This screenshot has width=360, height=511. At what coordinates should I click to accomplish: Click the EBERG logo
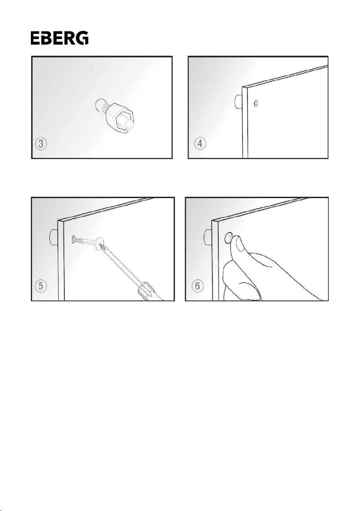click(x=59, y=38)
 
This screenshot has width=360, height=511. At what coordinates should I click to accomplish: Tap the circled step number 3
click(x=41, y=144)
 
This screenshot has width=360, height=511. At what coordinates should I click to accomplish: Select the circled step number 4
click(x=200, y=144)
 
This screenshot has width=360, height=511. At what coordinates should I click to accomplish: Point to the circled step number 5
click(x=41, y=286)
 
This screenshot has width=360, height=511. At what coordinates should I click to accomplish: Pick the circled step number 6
click(x=197, y=286)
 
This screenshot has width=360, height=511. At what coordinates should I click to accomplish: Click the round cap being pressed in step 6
click(x=229, y=238)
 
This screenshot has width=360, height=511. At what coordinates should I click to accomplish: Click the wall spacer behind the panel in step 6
click(x=209, y=237)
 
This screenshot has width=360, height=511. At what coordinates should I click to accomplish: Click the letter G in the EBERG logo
click(x=82, y=38)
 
